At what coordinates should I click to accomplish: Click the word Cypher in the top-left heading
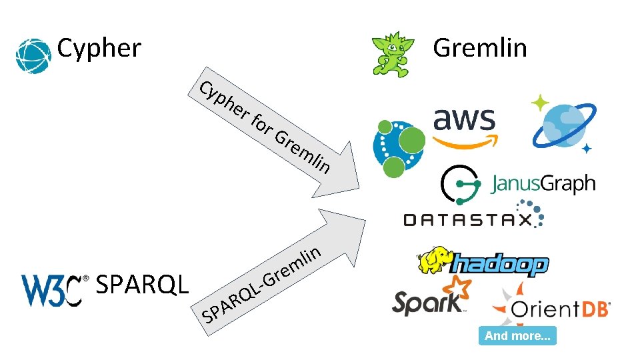[x=99, y=48]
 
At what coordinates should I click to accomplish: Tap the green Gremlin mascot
[x=394, y=54]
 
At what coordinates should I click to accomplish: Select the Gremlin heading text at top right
[x=479, y=48]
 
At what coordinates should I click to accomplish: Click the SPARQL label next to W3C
[x=143, y=285]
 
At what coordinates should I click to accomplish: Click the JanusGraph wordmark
[x=543, y=183]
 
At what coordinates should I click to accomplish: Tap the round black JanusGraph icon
[x=461, y=185]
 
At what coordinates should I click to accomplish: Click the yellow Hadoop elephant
[x=434, y=259]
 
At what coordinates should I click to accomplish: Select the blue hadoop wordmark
[x=499, y=265]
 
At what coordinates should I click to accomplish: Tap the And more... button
[x=517, y=336]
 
